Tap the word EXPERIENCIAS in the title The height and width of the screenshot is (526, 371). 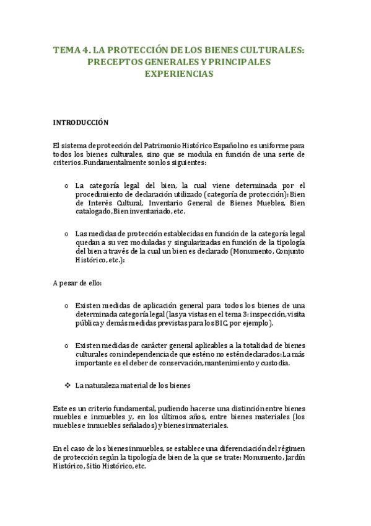coord(179,74)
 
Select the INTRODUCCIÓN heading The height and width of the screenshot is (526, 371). coord(81,122)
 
